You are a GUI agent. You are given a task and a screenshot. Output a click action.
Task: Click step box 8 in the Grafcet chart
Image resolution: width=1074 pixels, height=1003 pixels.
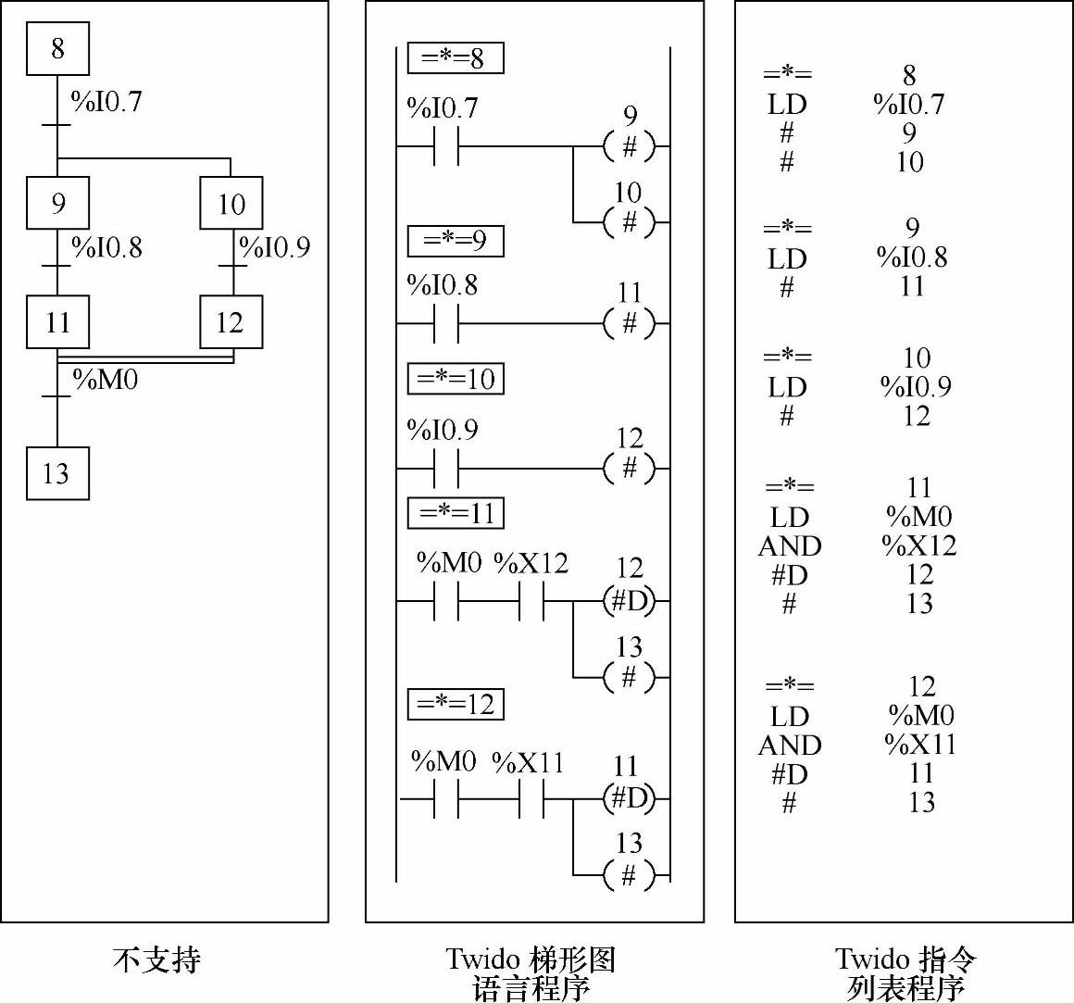point(57,49)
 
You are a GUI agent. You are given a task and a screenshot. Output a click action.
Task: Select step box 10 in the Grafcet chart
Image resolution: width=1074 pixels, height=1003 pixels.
point(231,203)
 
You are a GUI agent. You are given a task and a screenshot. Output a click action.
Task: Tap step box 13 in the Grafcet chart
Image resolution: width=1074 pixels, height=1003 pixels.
point(57,473)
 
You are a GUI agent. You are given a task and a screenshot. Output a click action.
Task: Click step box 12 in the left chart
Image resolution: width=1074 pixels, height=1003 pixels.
point(231,322)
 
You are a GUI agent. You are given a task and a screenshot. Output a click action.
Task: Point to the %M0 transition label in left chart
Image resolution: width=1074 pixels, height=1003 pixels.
point(106,379)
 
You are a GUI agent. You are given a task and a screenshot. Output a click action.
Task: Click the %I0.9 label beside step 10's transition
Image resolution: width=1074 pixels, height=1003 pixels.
point(275,247)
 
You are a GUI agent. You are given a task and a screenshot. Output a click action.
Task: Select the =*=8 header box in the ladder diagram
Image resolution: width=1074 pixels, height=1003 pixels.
point(455,59)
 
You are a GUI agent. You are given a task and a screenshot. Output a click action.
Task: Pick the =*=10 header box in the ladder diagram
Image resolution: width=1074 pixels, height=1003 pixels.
point(456,379)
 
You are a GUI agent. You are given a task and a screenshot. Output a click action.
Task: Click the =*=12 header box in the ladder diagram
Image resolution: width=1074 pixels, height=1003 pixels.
point(456,704)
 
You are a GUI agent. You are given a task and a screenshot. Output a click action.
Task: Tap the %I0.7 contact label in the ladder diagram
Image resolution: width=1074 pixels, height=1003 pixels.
point(443,108)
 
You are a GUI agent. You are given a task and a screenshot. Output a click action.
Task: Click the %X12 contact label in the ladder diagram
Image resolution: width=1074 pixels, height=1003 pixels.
point(531,563)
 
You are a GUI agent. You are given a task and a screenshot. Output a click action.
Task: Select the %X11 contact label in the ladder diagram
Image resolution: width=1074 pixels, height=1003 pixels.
point(528,762)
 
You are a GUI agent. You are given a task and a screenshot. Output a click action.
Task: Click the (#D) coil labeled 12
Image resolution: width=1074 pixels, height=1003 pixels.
point(629,602)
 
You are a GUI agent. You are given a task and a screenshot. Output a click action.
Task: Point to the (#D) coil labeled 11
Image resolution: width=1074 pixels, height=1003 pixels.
point(629,798)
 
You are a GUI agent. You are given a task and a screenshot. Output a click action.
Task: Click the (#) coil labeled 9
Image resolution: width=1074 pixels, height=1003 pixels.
point(629,146)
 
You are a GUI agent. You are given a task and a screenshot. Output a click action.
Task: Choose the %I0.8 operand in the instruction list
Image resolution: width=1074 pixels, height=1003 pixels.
point(912,257)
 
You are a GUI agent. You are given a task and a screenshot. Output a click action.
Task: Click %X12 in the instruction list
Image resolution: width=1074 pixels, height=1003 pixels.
point(918,545)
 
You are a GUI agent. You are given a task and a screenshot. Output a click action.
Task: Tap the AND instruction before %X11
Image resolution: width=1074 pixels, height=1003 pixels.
point(789,745)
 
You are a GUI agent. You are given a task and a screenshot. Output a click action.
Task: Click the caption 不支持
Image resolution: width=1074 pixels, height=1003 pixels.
point(156,959)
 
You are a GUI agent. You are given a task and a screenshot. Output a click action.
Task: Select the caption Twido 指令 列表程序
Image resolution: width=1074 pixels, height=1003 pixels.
point(905,972)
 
